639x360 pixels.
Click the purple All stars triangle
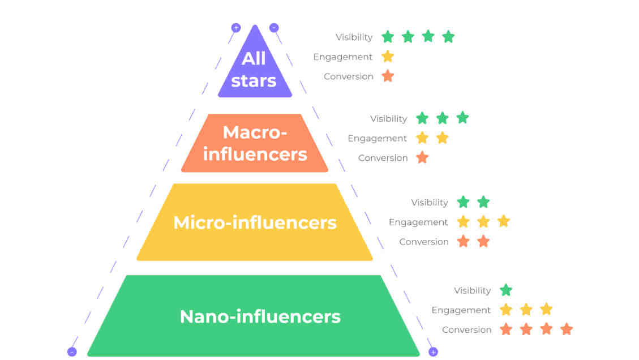coord(255,69)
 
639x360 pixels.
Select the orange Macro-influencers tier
coord(255,143)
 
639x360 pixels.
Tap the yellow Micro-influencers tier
coord(255,222)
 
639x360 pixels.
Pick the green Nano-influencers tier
coord(254,316)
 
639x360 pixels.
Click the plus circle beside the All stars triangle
coord(236,28)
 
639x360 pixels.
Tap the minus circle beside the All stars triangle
coord(274,27)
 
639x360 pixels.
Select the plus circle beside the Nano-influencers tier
coord(433,352)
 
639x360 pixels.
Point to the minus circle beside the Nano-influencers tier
coord(72,352)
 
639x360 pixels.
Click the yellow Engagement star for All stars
coord(388,56)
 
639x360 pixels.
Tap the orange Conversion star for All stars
coord(388,76)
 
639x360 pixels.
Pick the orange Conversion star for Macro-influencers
coord(422,157)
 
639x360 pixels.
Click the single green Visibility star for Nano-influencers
coord(506,290)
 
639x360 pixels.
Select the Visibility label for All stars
coord(354,37)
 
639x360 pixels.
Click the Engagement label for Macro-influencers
coord(377,139)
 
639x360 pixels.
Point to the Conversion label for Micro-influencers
coord(424,242)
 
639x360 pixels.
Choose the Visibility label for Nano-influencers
coord(473,291)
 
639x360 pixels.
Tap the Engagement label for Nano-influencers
coord(461,311)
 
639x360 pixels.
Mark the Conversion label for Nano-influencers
coord(466,330)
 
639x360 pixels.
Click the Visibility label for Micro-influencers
coord(430,203)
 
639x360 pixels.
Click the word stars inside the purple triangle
coord(254,81)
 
